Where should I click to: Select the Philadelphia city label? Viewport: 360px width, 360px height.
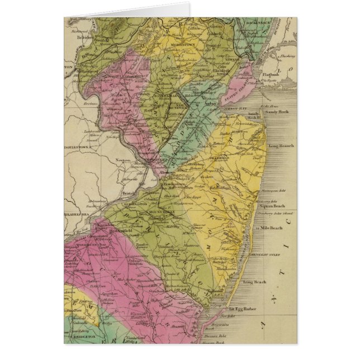77,213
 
